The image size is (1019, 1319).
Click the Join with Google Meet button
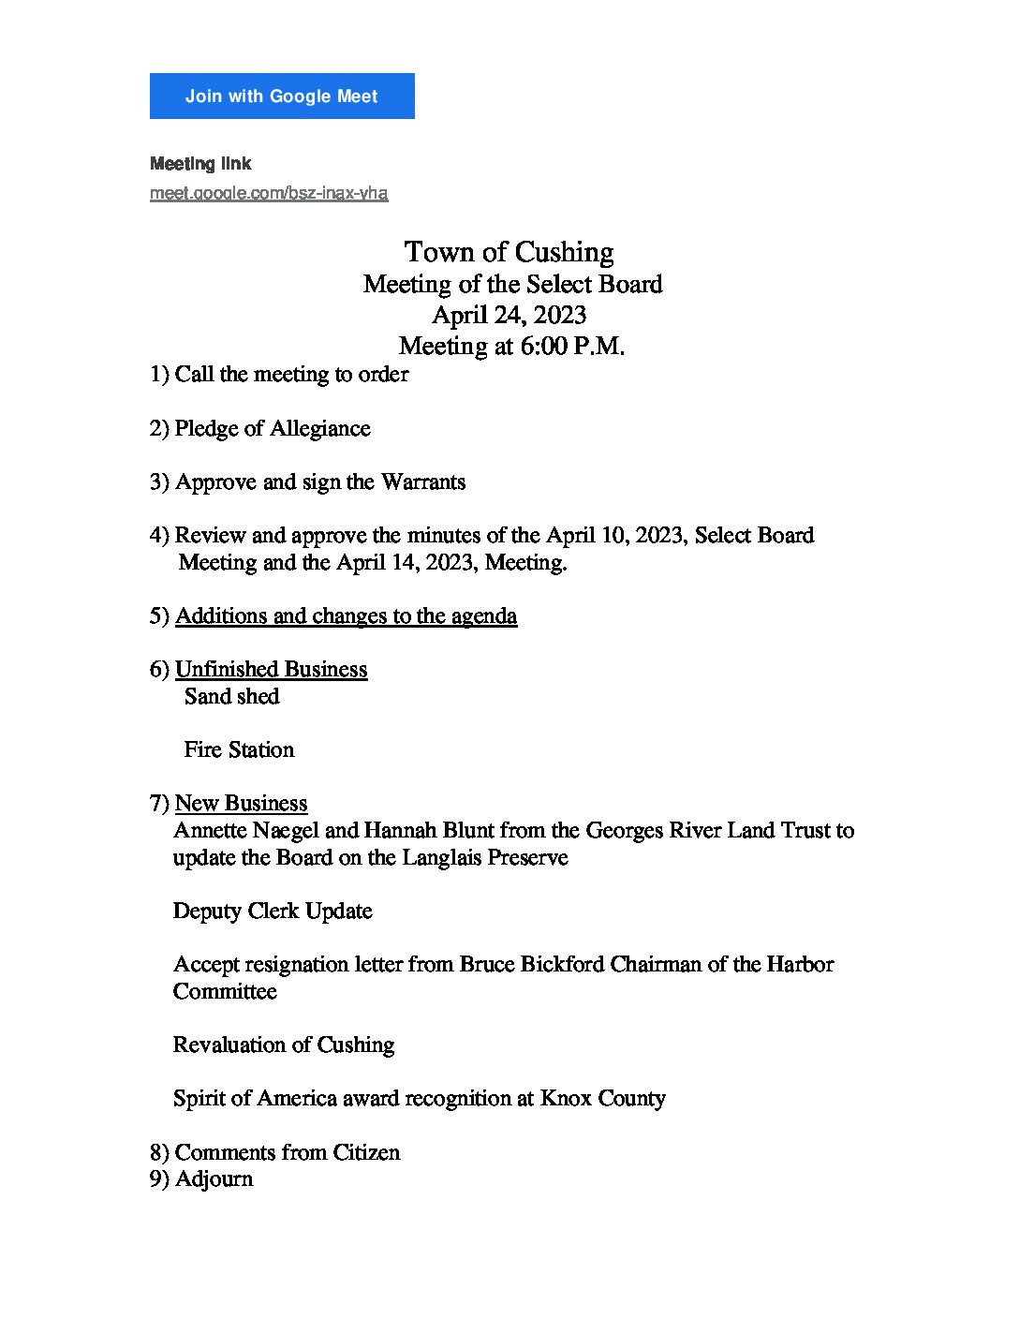click(x=282, y=96)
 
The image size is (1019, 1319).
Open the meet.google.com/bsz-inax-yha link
click(x=269, y=193)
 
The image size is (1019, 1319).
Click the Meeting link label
click(x=200, y=164)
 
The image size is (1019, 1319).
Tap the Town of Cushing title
click(x=509, y=252)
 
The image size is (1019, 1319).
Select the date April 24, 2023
click(x=509, y=315)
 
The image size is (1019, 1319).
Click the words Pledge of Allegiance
click(x=273, y=428)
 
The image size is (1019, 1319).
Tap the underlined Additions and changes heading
click(x=346, y=615)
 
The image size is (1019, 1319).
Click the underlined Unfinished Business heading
click(x=271, y=669)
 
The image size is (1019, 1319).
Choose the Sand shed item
click(x=232, y=696)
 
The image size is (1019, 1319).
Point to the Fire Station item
click(x=239, y=749)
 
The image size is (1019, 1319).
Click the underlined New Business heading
click(x=241, y=803)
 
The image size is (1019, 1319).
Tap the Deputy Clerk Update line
click(x=273, y=911)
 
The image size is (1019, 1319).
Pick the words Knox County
click(x=603, y=1098)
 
